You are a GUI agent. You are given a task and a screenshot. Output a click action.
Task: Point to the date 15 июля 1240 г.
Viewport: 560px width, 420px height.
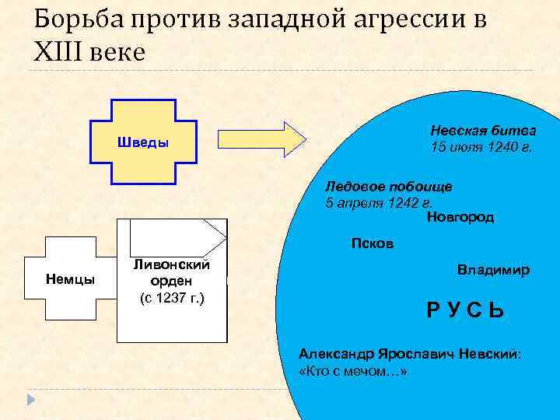482,147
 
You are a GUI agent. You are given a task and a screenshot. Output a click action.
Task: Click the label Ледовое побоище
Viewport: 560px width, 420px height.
388,187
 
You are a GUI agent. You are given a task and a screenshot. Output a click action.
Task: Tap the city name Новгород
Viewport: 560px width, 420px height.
460,218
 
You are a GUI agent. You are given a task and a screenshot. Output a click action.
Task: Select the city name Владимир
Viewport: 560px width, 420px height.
493,271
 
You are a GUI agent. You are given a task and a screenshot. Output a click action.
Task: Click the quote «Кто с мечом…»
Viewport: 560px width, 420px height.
352,371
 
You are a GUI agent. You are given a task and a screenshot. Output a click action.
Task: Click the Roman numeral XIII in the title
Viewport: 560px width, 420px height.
61,53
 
